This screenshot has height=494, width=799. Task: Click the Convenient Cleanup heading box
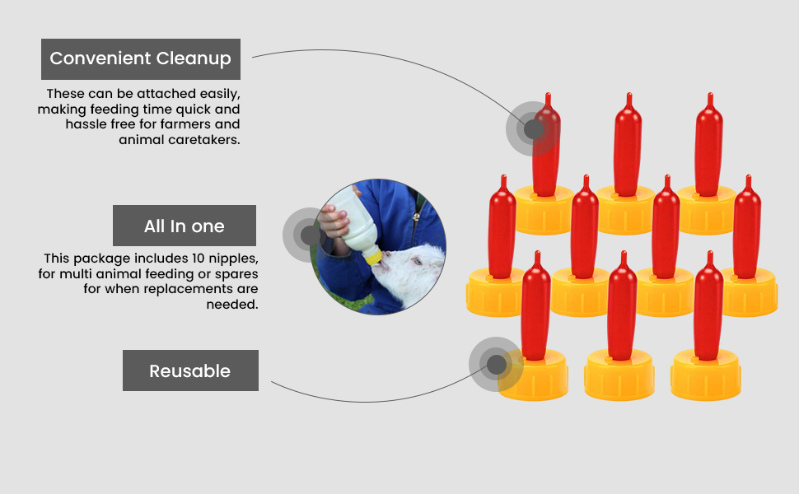tap(140, 59)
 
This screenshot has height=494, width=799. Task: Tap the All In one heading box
tap(184, 226)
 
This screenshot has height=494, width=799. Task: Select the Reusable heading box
tap(189, 370)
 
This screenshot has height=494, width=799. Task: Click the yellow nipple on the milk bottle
tap(376, 257)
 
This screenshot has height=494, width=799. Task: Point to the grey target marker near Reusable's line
tap(496, 364)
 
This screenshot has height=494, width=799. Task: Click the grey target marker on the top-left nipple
tap(534, 129)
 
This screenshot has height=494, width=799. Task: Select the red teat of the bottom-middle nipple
tap(622, 309)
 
